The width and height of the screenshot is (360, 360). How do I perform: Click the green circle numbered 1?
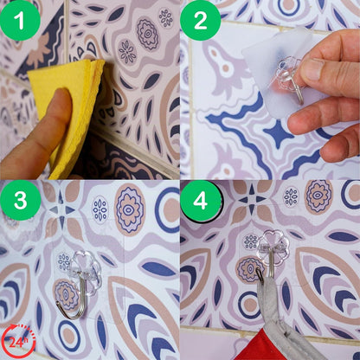tap(20, 20)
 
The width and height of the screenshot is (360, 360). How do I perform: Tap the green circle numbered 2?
tap(201, 20)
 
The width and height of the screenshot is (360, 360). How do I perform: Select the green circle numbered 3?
tap(20, 200)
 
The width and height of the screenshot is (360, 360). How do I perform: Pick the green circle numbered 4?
tap(201, 201)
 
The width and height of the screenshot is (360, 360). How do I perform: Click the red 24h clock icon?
tap(17, 341)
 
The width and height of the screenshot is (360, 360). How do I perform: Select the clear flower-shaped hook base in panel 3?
tap(86, 273)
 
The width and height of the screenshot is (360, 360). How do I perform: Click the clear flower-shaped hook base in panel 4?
tap(273, 247)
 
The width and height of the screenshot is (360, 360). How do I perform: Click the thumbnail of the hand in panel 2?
tap(312, 69)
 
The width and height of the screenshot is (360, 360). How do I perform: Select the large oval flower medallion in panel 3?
tap(129, 209)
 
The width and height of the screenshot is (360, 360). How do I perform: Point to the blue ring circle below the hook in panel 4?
tap(249, 305)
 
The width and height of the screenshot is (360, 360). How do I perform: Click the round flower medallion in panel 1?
tap(148, 34)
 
